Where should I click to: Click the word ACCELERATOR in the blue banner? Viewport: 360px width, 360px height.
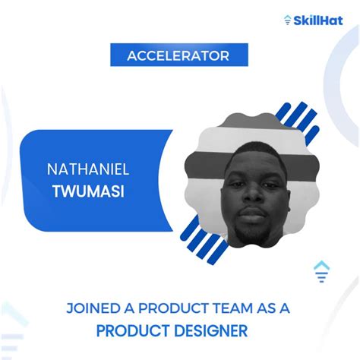[x=179, y=55]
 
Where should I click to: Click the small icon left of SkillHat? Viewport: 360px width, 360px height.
[x=287, y=20]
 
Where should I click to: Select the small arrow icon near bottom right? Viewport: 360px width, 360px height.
[x=321, y=271]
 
